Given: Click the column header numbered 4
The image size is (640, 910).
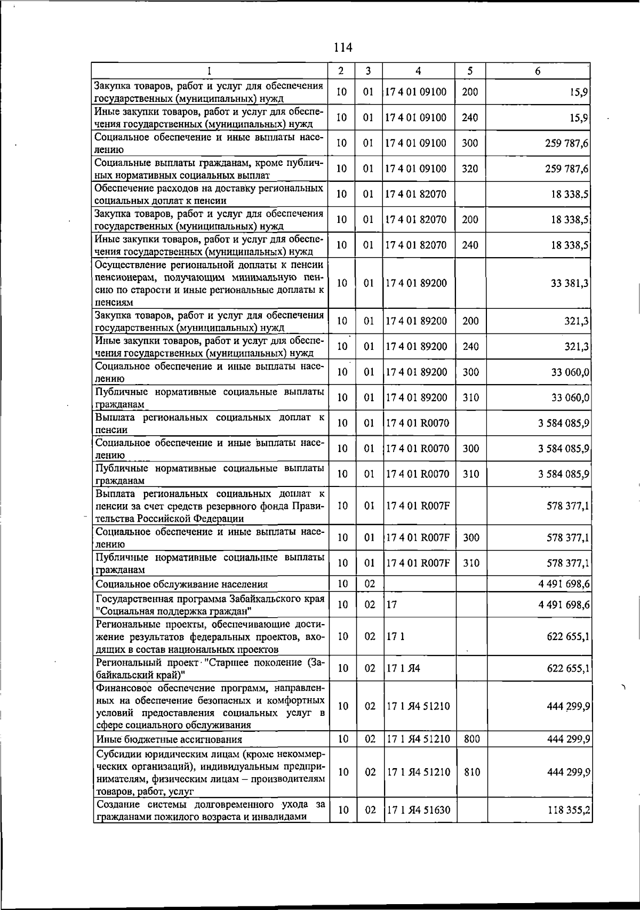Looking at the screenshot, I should click(418, 71).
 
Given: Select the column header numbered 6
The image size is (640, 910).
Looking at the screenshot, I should click(538, 71).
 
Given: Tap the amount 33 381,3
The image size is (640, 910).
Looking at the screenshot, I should click(569, 283).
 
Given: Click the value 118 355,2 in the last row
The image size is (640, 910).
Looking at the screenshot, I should click(569, 810).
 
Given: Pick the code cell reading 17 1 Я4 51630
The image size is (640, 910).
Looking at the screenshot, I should click(418, 810).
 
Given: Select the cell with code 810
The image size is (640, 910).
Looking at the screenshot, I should click(471, 772).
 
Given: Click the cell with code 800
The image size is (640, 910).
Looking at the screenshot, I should click(471, 739).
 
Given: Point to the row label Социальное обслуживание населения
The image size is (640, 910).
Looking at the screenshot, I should click(182, 584).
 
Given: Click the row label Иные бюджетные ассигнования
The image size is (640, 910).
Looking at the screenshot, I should click(169, 739).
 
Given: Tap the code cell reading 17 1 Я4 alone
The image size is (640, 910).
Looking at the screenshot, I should click(403, 668).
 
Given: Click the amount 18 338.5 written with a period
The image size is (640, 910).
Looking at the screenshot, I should click(569, 195).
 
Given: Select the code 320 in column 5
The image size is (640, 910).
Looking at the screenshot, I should click(470, 169).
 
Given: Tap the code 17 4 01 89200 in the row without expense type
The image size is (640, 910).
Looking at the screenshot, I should click(416, 283).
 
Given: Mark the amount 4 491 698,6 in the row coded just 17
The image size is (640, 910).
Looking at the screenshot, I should click(564, 604).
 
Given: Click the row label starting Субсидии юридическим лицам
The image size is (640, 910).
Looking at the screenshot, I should click(210, 772).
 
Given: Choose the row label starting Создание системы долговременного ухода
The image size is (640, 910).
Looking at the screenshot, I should click(210, 810).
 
